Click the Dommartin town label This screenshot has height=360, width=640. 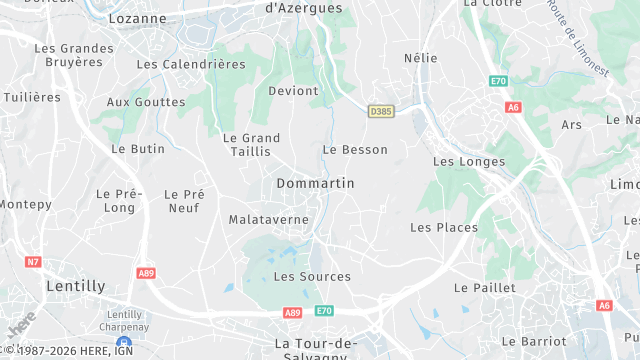click(315, 184)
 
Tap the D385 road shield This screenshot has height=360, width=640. click(380, 111)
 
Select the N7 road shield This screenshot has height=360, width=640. click(33, 262)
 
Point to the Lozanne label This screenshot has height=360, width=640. click(137, 18)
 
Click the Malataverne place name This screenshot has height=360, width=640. click(267, 219)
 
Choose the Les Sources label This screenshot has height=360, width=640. click(312, 276)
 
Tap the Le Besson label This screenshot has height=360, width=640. click(355, 149)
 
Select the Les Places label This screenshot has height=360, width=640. click(444, 227)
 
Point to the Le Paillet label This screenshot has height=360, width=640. click(485, 287)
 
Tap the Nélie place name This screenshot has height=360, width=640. click(421, 58)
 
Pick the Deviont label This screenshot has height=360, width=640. click(293, 91)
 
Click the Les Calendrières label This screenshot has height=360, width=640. click(190, 64)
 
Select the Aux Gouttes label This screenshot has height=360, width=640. click(146, 102)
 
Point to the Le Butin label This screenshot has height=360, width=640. click(138, 148)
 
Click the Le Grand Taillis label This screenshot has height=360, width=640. click(251, 145)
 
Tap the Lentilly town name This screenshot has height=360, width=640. click(76, 286)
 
